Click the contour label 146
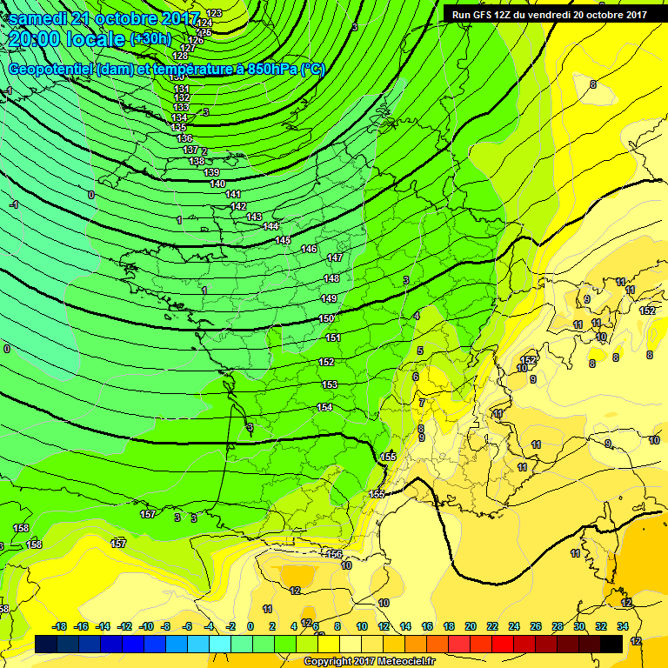click(x=309, y=249)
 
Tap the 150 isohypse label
click(x=327, y=318)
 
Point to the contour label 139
click(x=211, y=172)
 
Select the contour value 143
click(x=254, y=217)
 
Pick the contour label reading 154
click(x=324, y=407)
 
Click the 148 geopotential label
click(x=331, y=278)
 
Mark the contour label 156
click(x=334, y=554)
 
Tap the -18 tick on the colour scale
click(x=59, y=626)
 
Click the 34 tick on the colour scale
click(x=623, y=626)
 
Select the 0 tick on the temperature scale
click(x=250, y=626)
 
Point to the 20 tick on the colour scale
click(x=471, y=626)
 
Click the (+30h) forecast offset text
click(x=150, y=40)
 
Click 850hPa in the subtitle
click(x=272, y=69)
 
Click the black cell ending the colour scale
click(x=611, y=644)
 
